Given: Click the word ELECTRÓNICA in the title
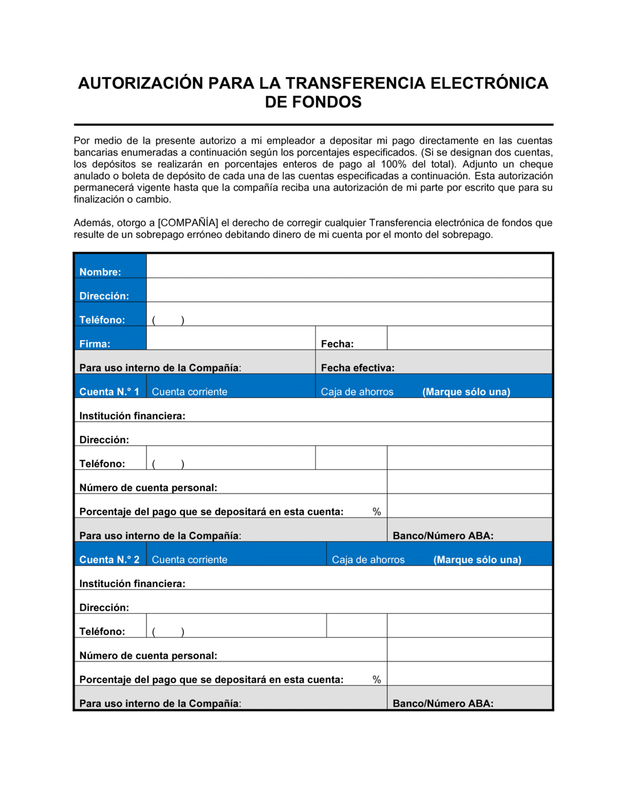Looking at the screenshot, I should coord(489,83).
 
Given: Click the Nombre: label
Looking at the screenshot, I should coord(100,272).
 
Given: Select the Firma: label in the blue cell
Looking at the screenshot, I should coord(95,344).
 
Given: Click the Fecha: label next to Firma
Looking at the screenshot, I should coord(337,344).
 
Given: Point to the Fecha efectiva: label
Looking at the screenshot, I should coord(357,368).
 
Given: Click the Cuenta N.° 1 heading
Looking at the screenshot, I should coord(109,391).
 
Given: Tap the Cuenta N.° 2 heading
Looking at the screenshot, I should coord(109,559).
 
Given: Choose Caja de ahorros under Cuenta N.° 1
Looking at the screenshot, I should coord(357,391).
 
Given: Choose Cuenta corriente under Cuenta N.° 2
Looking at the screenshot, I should coord(189,559).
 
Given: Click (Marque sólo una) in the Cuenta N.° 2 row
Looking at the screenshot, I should coord(477,559).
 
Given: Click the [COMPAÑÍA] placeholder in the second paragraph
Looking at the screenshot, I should coord(188,223).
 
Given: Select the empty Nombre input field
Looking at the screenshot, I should coord(349,267).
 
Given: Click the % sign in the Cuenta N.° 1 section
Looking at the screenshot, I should coord(376,512).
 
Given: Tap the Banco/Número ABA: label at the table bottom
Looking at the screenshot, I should coord(443,703).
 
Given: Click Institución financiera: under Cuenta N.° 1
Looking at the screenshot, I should coord(132,416).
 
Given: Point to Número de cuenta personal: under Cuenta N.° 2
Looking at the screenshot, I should coord(148,656).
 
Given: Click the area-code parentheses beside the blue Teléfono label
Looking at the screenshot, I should coord(168,320).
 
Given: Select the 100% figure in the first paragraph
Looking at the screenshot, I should coord(393,164).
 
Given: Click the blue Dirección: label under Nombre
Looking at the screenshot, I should coord(104,296).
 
